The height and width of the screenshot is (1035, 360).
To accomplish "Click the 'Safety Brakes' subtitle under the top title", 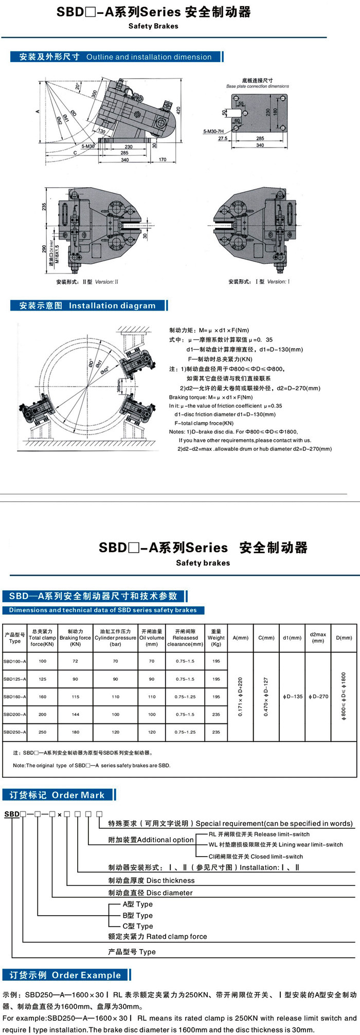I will pos(153,26).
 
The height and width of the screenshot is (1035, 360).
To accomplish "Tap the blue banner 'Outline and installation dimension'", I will pos(116,57).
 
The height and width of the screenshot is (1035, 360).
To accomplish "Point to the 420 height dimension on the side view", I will pos(178,110).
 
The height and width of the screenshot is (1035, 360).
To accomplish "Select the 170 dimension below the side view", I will pos(163,160).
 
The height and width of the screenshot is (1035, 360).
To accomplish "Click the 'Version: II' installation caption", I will pos(87,282).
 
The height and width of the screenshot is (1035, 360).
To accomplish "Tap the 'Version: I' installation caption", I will pos(259,282).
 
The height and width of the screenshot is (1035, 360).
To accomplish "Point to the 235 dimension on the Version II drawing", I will pos(44,206).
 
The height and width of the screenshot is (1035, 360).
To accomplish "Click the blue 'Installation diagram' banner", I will pos(87,305).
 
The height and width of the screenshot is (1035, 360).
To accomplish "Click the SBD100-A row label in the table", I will pos(14,661).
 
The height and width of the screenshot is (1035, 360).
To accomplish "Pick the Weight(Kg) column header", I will pos(216,638).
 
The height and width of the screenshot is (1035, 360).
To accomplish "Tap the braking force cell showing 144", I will pos(76,714).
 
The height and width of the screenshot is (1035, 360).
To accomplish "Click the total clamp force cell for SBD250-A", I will pos(42,732).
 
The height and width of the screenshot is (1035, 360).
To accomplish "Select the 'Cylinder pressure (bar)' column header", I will pos(115,638).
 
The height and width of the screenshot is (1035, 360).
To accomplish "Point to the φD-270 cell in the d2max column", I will pos(318,697).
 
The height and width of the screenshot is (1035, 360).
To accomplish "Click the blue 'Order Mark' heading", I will pos(57,795).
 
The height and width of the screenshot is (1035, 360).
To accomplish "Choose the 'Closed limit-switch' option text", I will pos(256,857).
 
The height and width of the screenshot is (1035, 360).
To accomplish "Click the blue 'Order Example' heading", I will pos(65,975).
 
